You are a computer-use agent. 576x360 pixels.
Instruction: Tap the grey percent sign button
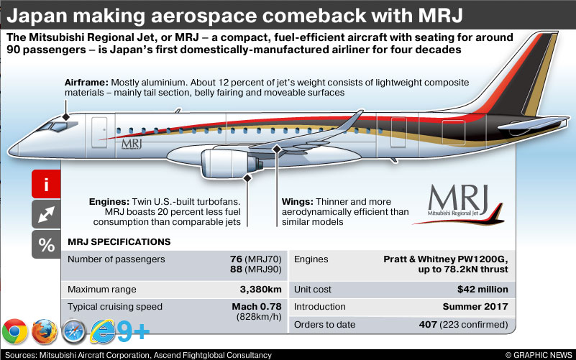47,244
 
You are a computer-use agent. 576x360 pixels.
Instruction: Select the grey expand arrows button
47,214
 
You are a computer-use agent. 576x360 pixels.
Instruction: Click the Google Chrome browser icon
14,332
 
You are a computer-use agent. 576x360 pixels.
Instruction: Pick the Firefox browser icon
45,332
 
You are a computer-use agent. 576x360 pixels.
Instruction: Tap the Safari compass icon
74,332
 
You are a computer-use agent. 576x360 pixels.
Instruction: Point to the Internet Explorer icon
103,332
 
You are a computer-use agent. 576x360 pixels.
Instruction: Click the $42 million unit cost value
483,290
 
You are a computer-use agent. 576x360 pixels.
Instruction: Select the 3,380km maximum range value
261,290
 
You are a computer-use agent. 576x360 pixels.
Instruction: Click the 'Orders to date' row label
325,325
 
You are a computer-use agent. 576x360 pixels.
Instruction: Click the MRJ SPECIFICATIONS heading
119,242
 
